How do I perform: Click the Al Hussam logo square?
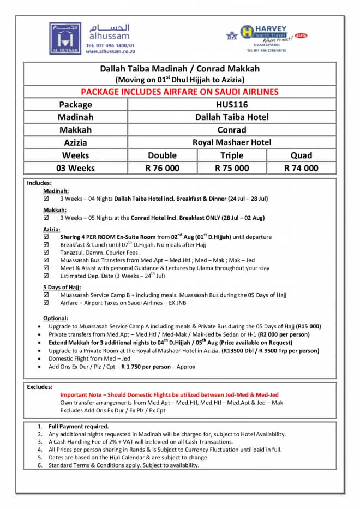[65, 38]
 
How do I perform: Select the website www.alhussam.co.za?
[110, 51]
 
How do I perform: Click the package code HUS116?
[231, 104]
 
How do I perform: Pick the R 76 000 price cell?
[162, 168]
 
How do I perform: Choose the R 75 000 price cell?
[232, 168]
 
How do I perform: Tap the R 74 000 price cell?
[301, 168]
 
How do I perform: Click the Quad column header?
[301, 155]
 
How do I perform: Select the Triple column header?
[232, 155]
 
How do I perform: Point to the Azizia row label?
[75, 142]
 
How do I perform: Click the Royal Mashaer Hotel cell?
[231, 142]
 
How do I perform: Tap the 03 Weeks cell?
[75, 168]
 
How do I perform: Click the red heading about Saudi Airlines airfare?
[179, 92]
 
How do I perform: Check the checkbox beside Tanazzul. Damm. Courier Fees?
[46, 253]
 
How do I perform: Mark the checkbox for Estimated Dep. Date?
[46, 276]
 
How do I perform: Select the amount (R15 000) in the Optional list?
[308, 326]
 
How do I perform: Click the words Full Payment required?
[79, 426]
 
